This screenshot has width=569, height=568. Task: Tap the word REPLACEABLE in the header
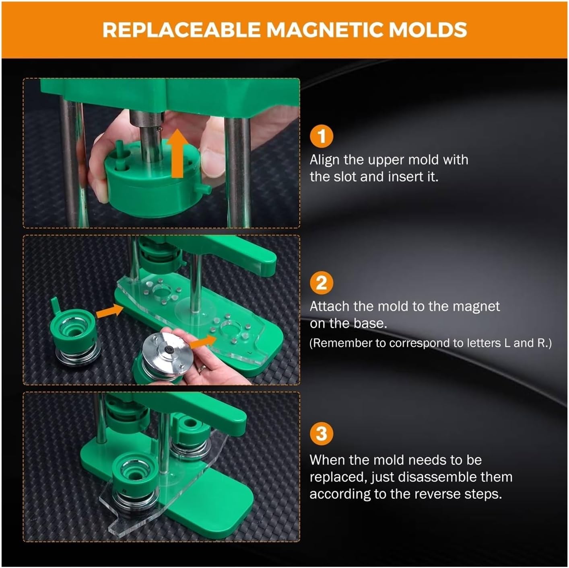tap(181, 29)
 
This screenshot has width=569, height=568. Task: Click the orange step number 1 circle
tap(322, 137)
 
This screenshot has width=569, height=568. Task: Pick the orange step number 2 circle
tap(322, 283)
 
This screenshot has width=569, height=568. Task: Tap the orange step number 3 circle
tap(322, 433)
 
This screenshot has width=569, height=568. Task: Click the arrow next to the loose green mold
tap(109, 312)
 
